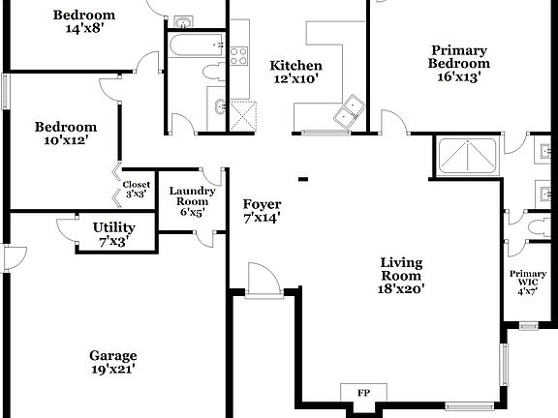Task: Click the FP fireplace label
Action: [x=362, y=393]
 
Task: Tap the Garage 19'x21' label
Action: [x=112, y=361]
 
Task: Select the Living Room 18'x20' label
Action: [x=402, y=275]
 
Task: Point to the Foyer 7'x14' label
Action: [x=262, y=211]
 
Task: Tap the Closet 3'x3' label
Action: [x=137, y=189]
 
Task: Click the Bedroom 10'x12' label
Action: [x=66, y=133]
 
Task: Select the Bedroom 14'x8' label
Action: [x=83, y=21]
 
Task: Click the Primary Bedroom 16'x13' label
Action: [x=458, y=62]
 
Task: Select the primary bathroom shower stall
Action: [x=468, y=157]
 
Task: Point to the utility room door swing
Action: [x=69, y=229]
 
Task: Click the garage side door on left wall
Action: [x=12, y=257]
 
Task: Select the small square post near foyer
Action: [x=303, y=178]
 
